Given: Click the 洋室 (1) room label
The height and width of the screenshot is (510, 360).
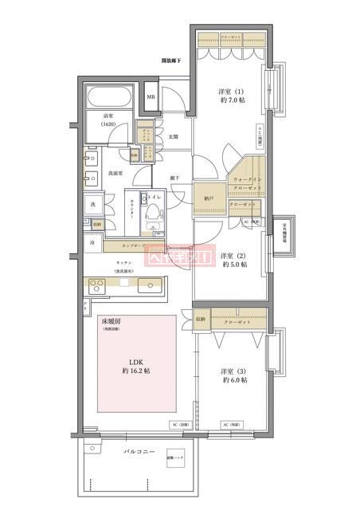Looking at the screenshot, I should [230, 96].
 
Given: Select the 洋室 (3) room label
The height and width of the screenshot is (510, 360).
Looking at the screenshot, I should [233, 375].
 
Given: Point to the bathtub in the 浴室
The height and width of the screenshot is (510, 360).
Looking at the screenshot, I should [110, 100].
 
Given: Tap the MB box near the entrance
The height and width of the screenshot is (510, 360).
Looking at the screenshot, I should [151, 98].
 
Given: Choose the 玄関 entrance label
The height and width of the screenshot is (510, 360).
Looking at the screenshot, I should [173, 136].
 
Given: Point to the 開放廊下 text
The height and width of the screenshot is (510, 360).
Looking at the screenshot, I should [171, 61].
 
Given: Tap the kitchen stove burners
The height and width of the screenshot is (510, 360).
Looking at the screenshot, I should [97, 285].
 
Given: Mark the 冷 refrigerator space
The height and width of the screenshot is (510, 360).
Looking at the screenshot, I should [92, 242].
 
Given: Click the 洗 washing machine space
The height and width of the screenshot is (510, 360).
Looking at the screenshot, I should [92, 205].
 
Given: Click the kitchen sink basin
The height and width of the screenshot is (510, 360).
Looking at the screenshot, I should [148, 285].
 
